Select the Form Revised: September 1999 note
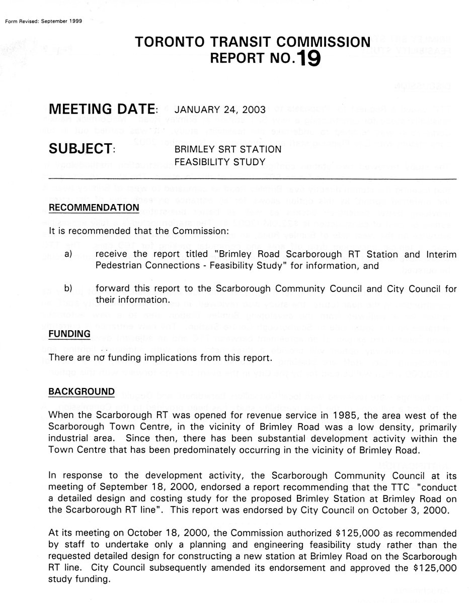click(x=43, y=21)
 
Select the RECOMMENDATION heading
click(x=94, y=208)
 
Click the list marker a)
click(x=68, y=255)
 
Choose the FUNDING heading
click(x=69, y=334)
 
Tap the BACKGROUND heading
click(x=82, y=391)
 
